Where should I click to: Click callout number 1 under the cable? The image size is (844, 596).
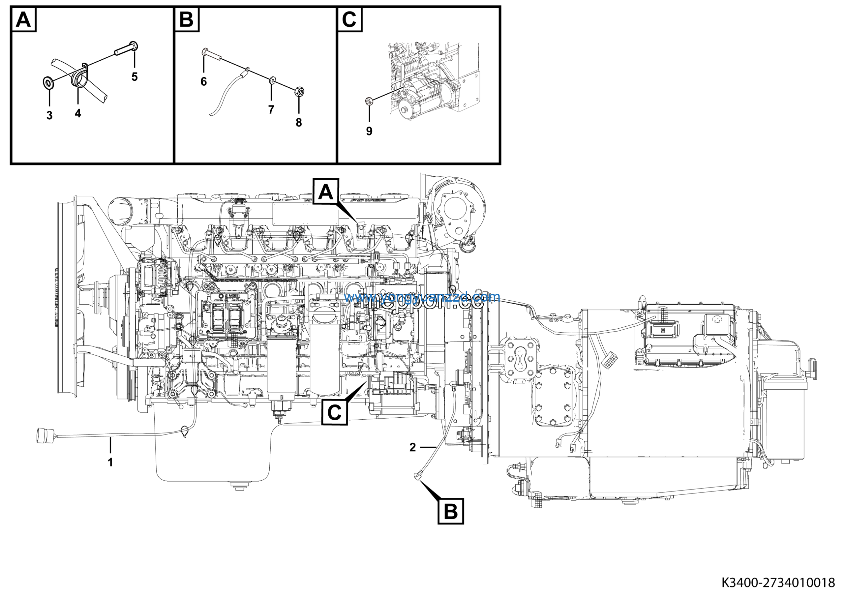[x=110, y=462]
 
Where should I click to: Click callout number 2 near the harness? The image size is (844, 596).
[x=412, y=447]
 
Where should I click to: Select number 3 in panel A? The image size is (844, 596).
[x=49, y=115]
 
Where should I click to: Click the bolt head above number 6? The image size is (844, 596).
[x=205, y=52]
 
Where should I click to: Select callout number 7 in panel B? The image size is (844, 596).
[x=271, y=109]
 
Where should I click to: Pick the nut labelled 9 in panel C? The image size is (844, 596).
[x=369, y=100]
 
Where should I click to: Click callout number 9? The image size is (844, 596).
[x=369, y=131]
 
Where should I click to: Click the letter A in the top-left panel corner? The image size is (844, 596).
[x=24, y=19]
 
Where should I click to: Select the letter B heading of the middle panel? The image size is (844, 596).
[x=186, y=19]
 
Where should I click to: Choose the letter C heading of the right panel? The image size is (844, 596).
[x=349, y=19]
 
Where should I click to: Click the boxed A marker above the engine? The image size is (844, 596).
[x=326, y=192]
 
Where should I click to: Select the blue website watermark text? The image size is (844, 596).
[x=422, y=297]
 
